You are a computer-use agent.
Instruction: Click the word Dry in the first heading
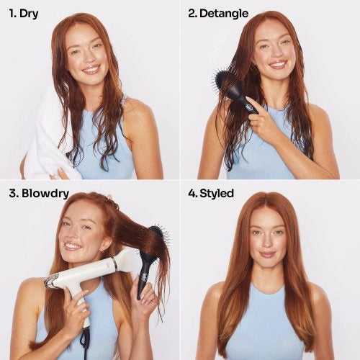29,14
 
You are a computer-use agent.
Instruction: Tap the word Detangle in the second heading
223,14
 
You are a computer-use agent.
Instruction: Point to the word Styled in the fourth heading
216,194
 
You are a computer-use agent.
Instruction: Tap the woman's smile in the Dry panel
91,70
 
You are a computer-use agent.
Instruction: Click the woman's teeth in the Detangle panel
277,64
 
